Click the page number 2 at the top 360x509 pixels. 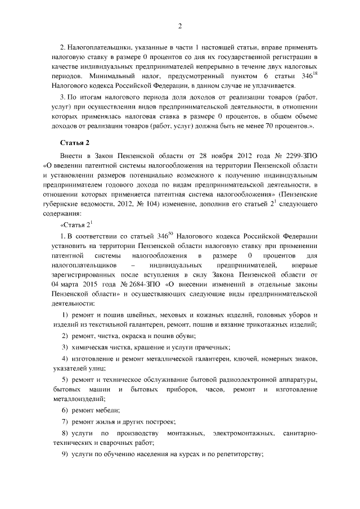click(180, 26)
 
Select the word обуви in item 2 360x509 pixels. click(184, 335)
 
